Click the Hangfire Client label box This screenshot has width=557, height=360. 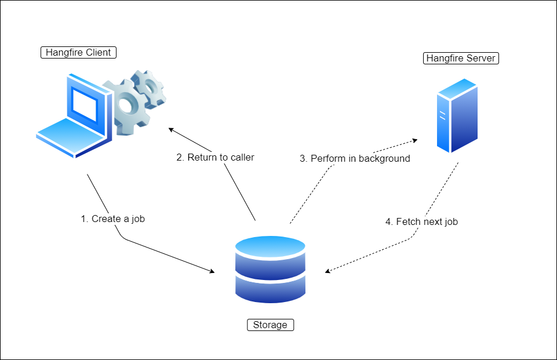coord(79,53)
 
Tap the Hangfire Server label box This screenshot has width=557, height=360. coord(461,58)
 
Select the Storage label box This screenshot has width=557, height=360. coord(270,325)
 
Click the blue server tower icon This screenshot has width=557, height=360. coord(457,116)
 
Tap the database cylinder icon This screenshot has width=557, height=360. coord(270,269)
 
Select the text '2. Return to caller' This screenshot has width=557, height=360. coord(215,157)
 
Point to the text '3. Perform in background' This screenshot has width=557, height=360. coord(355,158)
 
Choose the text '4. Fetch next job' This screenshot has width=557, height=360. coord(421,221)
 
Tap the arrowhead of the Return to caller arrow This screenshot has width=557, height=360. coord(170,129)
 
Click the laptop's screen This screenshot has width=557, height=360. coord(84,106)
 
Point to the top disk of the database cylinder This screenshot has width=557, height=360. coord(270,246)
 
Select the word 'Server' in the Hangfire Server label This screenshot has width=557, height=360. coord(480,58)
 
